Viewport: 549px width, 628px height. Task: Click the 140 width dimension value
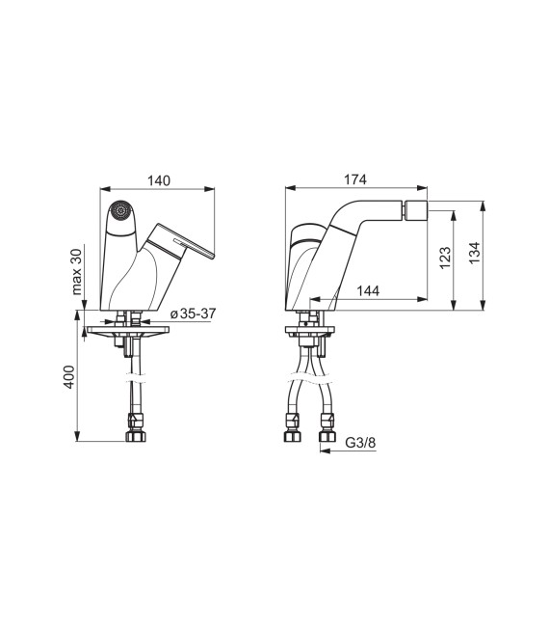pos(159,180)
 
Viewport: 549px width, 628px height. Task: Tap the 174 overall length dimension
pos(355,179)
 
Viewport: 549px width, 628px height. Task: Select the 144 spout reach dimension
pos(368,290)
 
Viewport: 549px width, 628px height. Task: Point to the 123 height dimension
pos(445,258)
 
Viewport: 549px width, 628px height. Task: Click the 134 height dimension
pos(474,253)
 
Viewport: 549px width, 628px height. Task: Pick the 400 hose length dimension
pos(68,377)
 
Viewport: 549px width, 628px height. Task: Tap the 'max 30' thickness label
pos(76,271)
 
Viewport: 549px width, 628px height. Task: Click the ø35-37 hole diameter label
pos(193,314)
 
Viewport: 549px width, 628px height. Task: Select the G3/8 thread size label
pos(360,443)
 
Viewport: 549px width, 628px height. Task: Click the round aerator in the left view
pos(120,210)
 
